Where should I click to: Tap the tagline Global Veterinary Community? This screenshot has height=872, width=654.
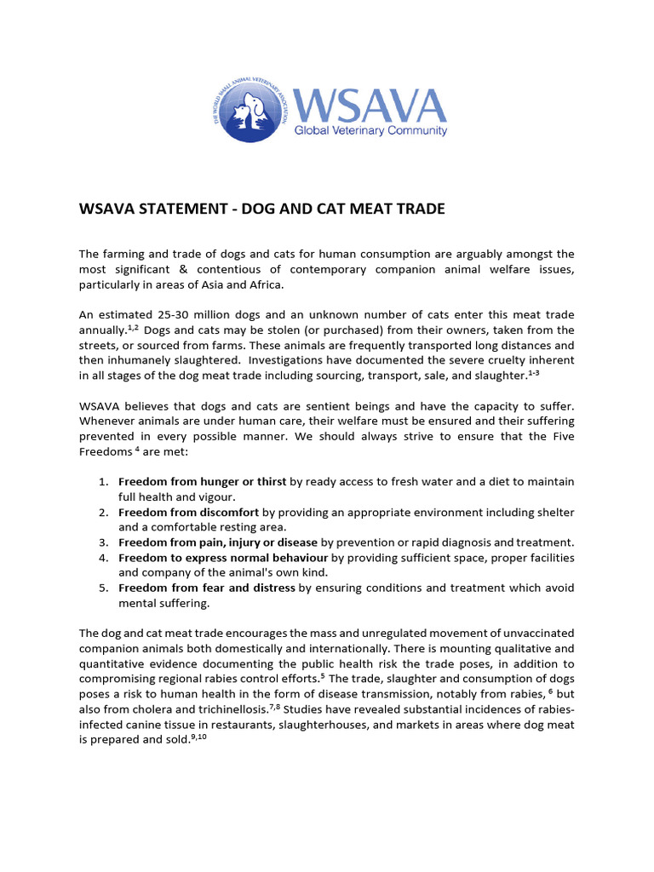[370, 130]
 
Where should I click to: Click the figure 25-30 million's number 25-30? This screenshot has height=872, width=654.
[168, 315]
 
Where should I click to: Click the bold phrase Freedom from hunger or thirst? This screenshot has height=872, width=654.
[202, 482]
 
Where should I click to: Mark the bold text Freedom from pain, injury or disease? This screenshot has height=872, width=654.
[218, 542]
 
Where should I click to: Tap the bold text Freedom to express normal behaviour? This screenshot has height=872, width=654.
[223, 558]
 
